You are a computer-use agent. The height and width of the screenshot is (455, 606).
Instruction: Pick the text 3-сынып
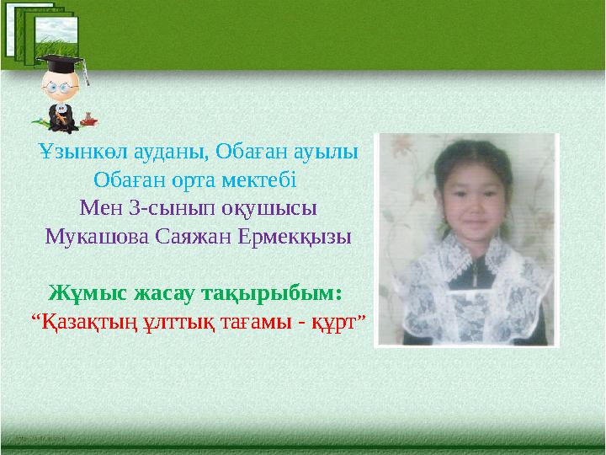[155, 206]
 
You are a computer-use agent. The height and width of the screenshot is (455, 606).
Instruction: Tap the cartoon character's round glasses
[57, 87]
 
